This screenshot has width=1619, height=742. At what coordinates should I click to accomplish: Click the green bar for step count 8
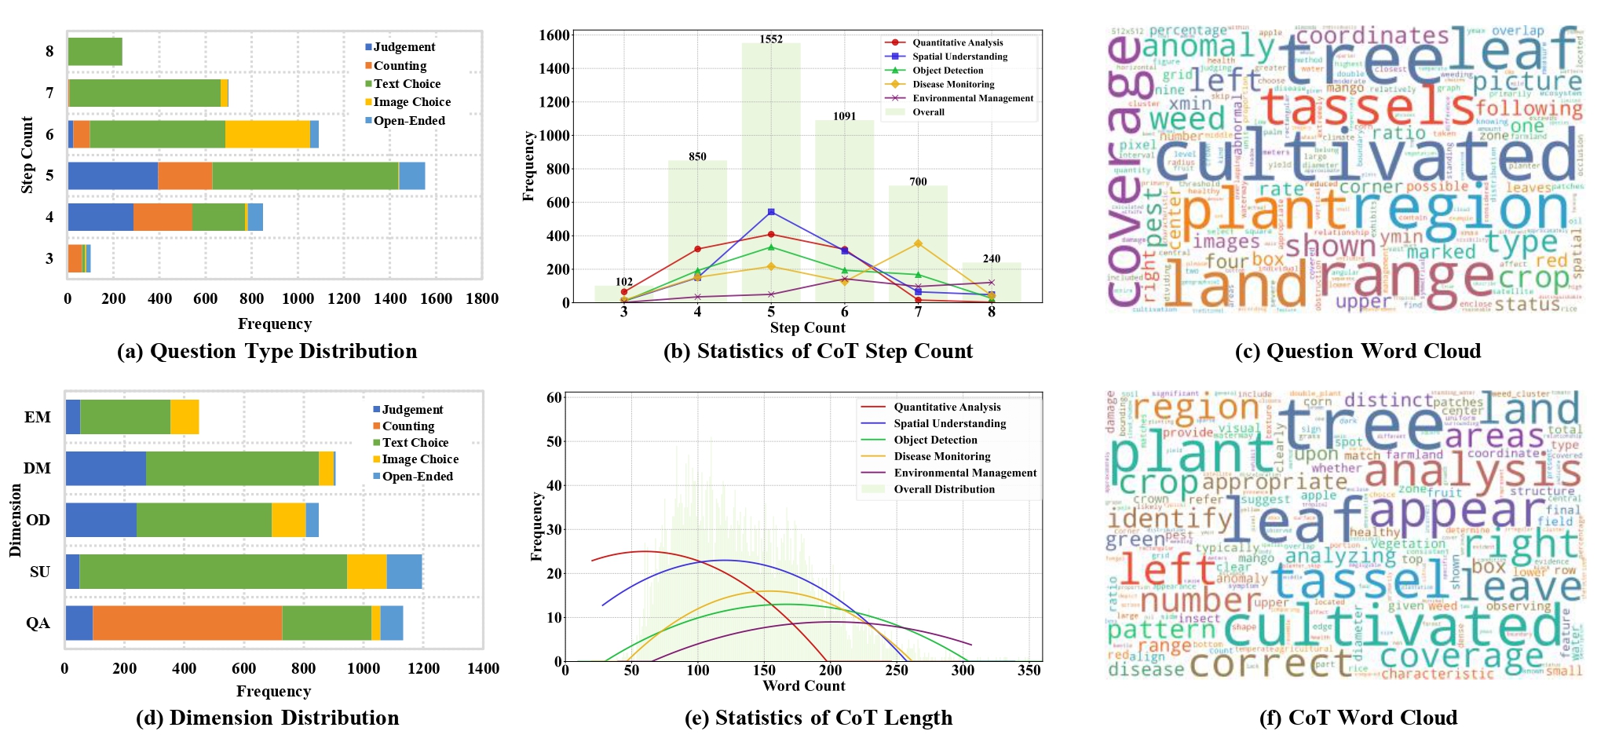[x=95, y=52]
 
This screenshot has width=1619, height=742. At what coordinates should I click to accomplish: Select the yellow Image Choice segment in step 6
[x=267, y=134]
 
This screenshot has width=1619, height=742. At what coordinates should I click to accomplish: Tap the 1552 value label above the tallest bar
[x=770, y=39]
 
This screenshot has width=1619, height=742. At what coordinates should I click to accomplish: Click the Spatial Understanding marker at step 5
[x=771, y=212]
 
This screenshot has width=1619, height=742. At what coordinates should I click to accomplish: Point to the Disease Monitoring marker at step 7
[x=918, y=243]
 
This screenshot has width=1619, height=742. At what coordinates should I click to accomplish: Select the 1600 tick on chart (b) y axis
[x=554, y=35]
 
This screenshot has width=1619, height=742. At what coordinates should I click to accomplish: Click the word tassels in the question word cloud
[x=1366, y=108]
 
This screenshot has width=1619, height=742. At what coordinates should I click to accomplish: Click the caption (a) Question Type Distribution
[x=267, y=351]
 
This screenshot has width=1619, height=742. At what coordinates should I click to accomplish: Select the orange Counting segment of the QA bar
[x=187, y=623]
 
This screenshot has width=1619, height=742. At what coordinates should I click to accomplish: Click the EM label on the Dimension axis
[x=37, y=418]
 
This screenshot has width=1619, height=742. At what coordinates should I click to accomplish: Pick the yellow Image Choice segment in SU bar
[x=367, y=572]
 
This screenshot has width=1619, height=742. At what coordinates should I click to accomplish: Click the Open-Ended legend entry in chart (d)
[x=416, y=477]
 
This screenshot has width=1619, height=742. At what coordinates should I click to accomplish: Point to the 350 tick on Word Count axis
[x=1029, y=671]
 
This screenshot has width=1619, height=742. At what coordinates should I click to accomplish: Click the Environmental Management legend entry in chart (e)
[x=964, y=473]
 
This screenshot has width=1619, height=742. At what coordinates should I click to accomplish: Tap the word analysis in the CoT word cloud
[x=1472, y=471]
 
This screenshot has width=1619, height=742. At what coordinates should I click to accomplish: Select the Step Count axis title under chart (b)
[x=807, y=328]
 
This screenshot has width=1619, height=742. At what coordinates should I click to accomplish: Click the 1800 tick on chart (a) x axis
[x=481, y=299]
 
